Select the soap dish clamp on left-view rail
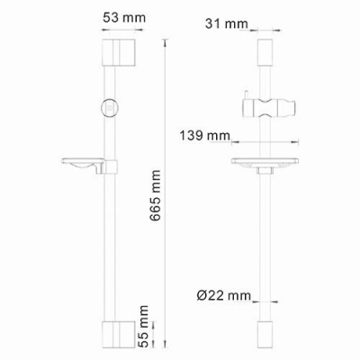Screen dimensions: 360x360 [x=111, y=166]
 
